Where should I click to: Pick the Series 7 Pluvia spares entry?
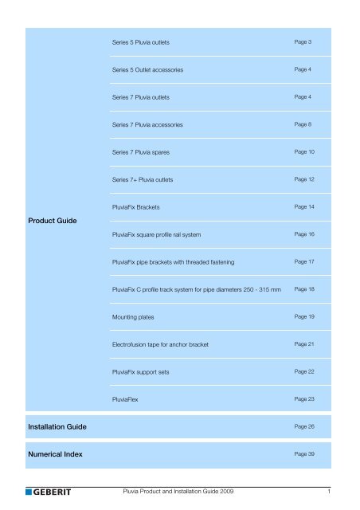[x=140, y=151]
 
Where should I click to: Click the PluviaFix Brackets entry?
[x=136, y=206]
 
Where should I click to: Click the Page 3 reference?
[x=302, y=41]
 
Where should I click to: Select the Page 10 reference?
[x=303, y=151]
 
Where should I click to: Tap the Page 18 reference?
[x=303, y=289]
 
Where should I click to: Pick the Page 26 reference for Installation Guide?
[x=303, y=427]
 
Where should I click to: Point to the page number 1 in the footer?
[x=339, y=491]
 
